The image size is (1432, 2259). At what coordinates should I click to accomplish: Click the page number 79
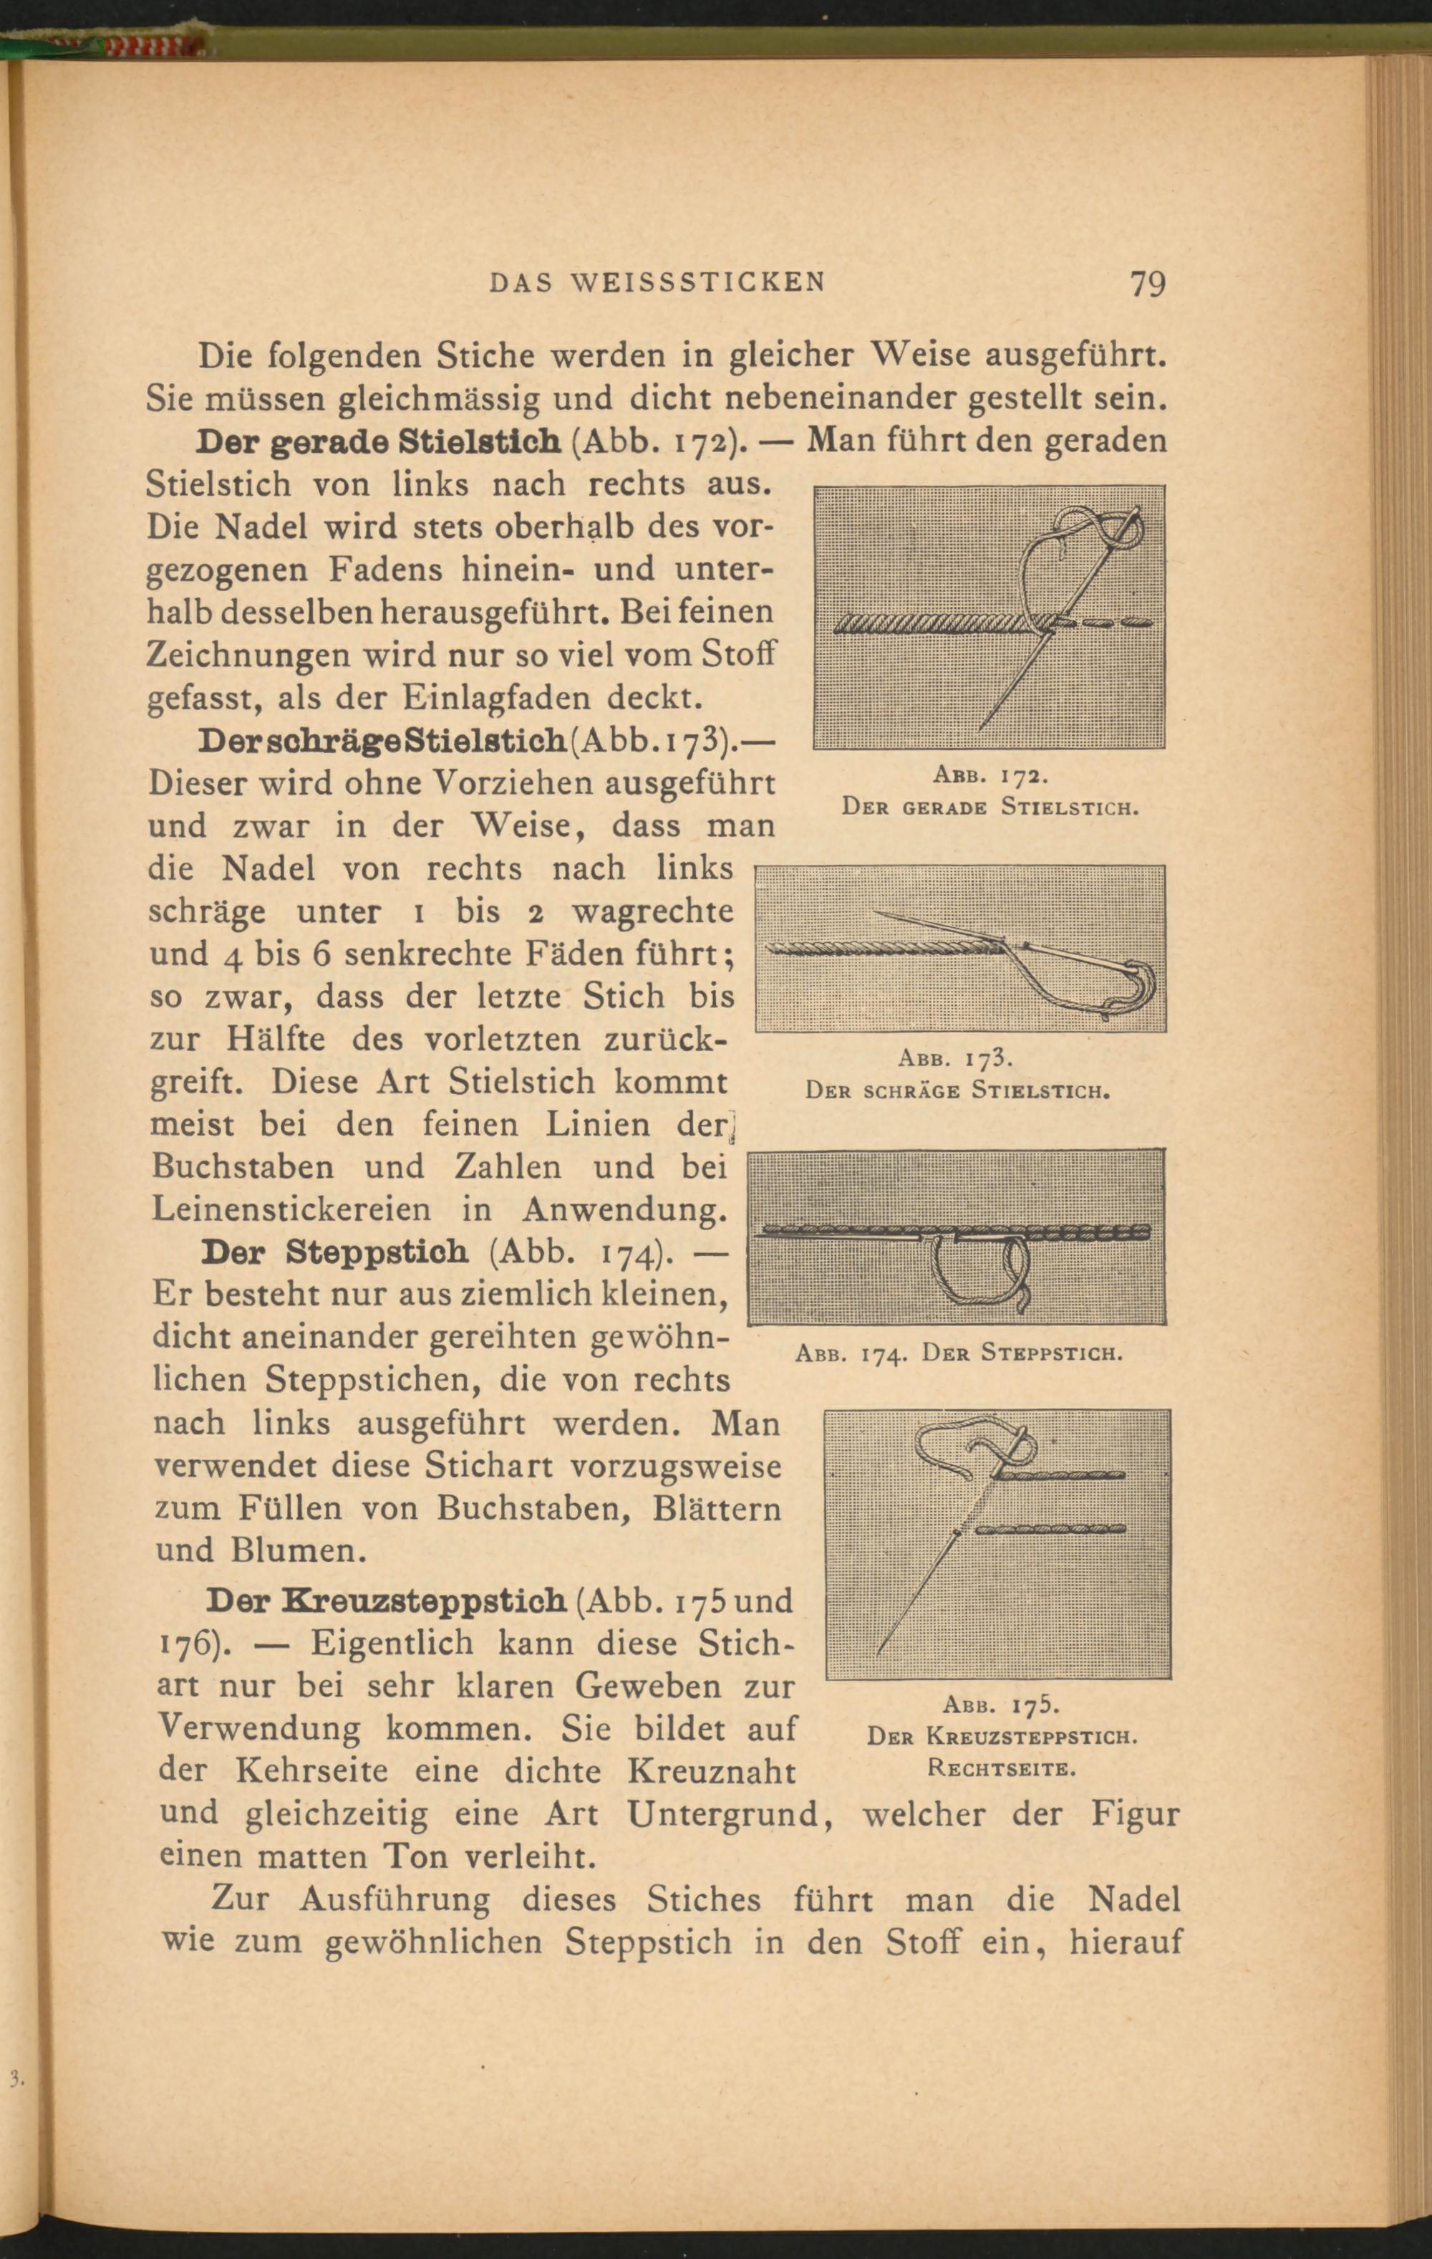pos(1147,282)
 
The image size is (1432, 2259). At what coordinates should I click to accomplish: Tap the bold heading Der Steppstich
pos(335,1252)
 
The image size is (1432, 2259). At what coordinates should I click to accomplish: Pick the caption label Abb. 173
pos(957,1059)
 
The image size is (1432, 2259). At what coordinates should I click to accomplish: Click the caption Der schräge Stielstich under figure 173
pos(957,1091)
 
